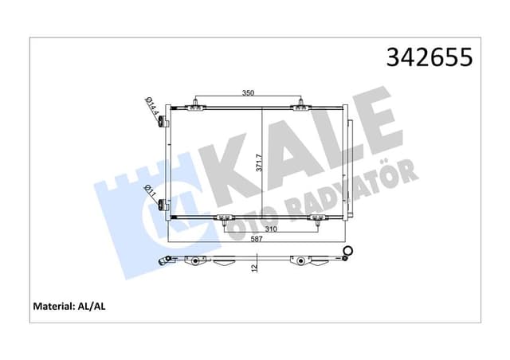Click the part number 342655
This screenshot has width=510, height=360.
tap(429, 58)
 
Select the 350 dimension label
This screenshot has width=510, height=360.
tap(248, 93)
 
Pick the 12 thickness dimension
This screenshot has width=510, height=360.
tap(255, 268)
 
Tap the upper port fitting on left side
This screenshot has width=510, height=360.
tap(162, 122)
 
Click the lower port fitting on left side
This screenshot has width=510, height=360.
tap(162, 204)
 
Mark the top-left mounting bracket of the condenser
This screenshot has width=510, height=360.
tap(196, 104)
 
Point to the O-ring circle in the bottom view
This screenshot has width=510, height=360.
tap(347, 251)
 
